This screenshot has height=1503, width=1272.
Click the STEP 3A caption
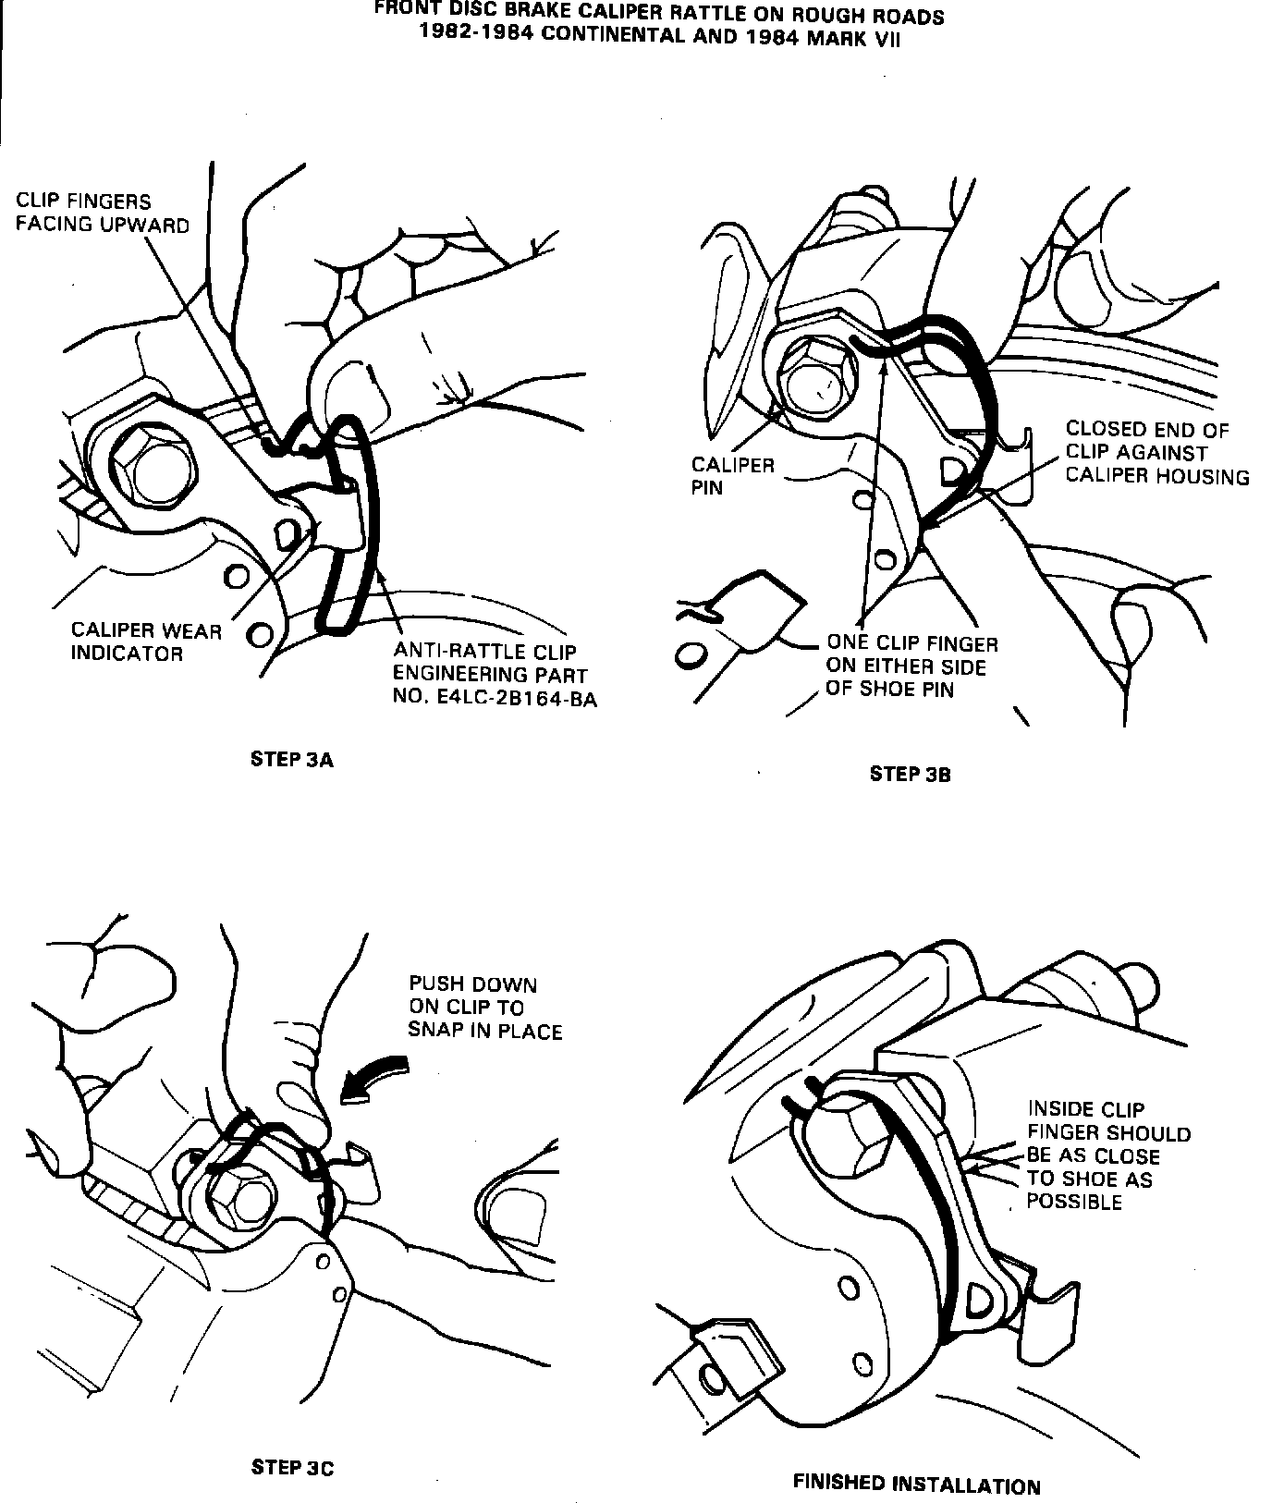point(291,760)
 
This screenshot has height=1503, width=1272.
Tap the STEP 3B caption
point(910,775)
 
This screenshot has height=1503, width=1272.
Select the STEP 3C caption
point(292,1467)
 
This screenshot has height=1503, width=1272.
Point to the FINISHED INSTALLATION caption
point(916,1485)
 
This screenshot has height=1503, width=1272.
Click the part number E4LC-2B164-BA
point(495,698)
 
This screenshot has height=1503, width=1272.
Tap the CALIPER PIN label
point(732,476)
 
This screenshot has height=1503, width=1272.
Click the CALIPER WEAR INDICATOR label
point(146,642)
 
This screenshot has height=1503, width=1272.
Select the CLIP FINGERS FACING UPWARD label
point(102,213)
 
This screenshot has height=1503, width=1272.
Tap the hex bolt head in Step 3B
point(817,380)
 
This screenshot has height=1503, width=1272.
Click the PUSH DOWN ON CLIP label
point(485,1008)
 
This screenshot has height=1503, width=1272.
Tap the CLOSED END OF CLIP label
point(1156,453)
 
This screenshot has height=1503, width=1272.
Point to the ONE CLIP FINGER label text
point(911,666)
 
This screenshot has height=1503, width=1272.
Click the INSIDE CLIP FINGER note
point(1107,1155)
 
